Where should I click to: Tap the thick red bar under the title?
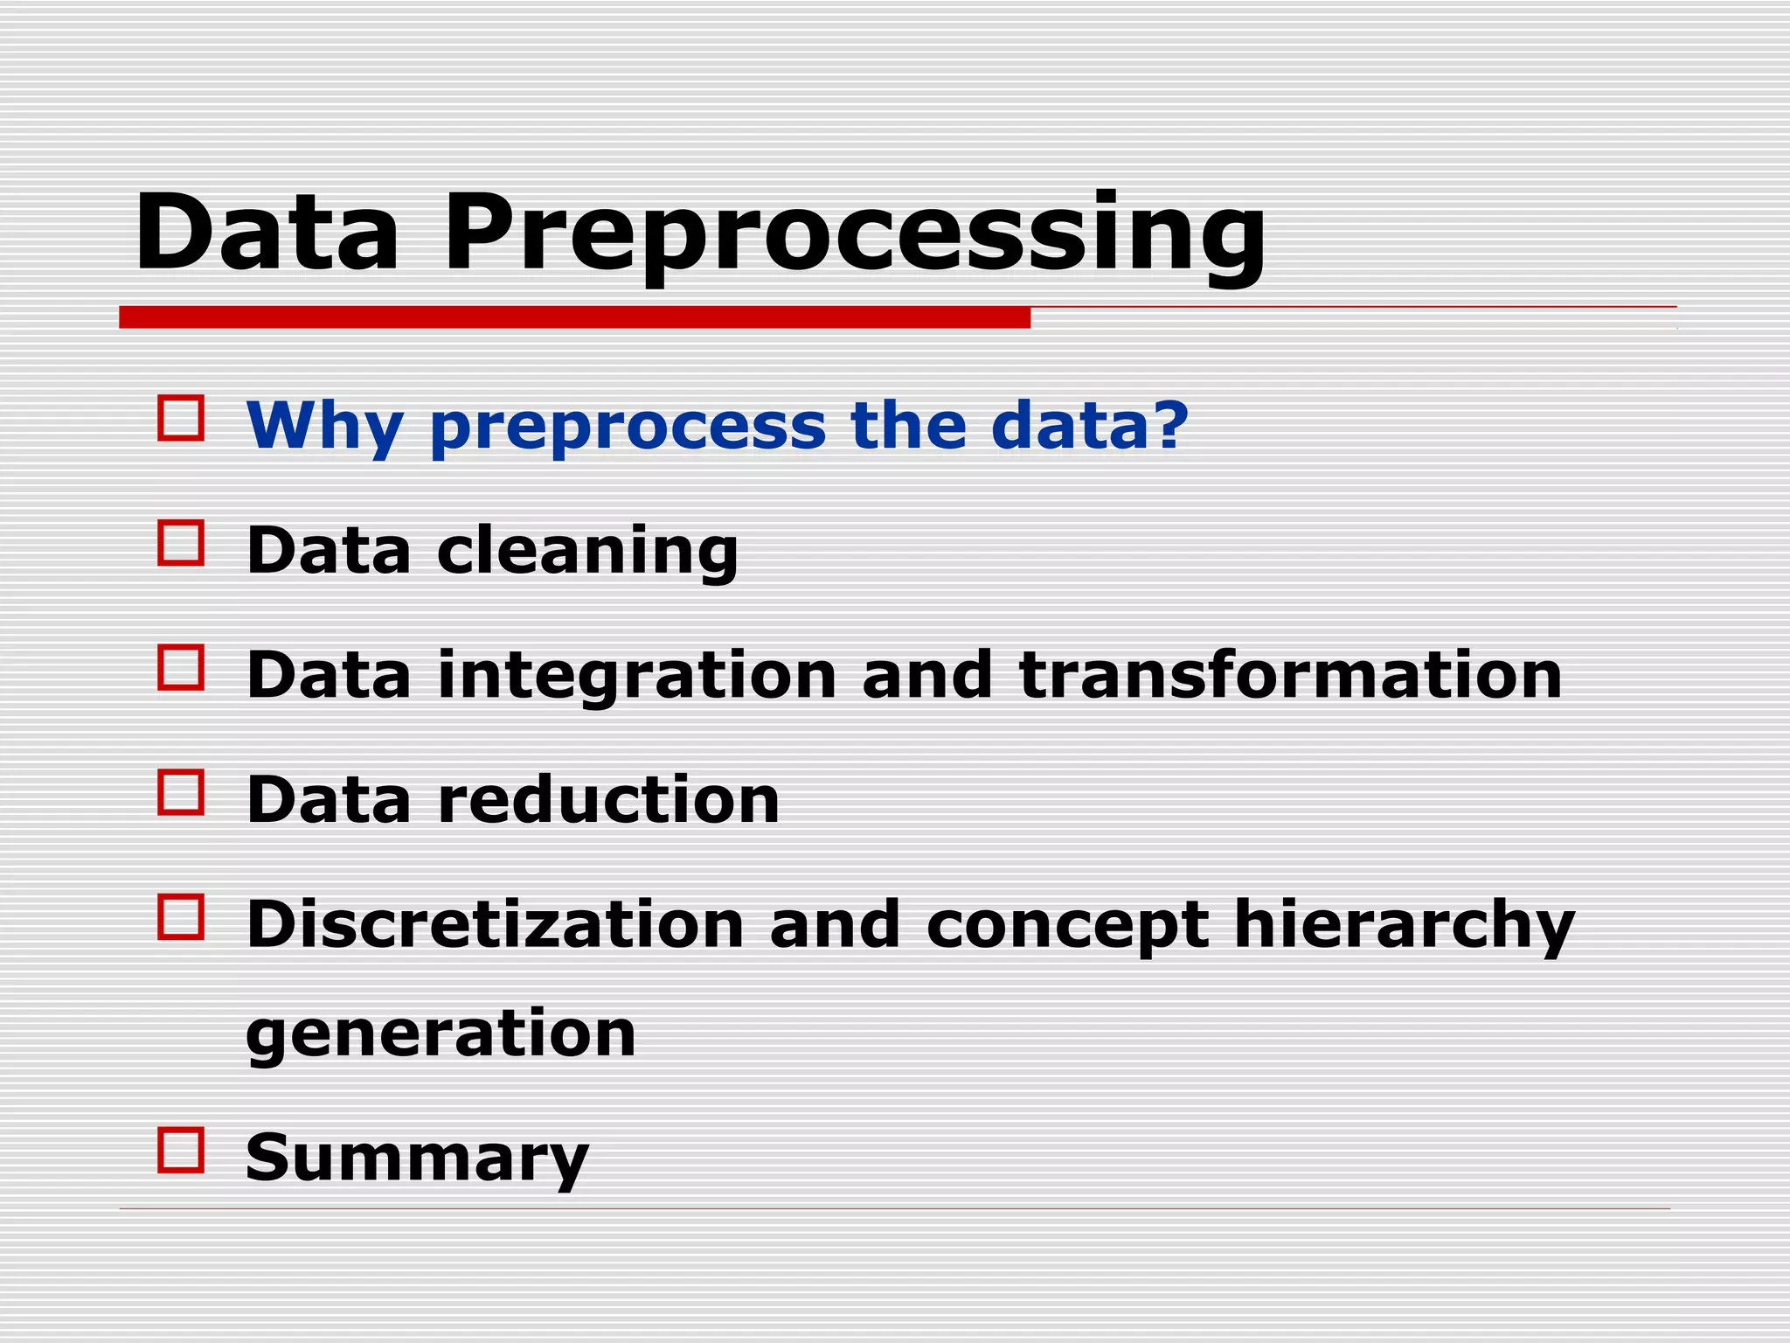pos(574,317)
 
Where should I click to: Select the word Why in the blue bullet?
pos(324,426)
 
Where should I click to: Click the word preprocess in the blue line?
pos(628,428)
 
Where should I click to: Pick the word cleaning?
pos(587,552)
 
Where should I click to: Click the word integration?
pos(637,677)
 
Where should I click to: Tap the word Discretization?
pos(495,924)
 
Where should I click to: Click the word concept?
pos(1067,928)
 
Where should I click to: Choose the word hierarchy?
pos(1404,926)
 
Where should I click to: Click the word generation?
pos(441,1035)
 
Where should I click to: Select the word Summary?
pos(417,1158)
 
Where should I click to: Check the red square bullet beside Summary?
pos(181,1150)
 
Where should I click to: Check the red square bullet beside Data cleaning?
pos(181,543)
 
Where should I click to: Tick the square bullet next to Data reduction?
pos(181,792)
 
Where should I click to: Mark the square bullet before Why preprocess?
pos(181,418)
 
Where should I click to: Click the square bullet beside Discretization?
pos(181,916)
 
